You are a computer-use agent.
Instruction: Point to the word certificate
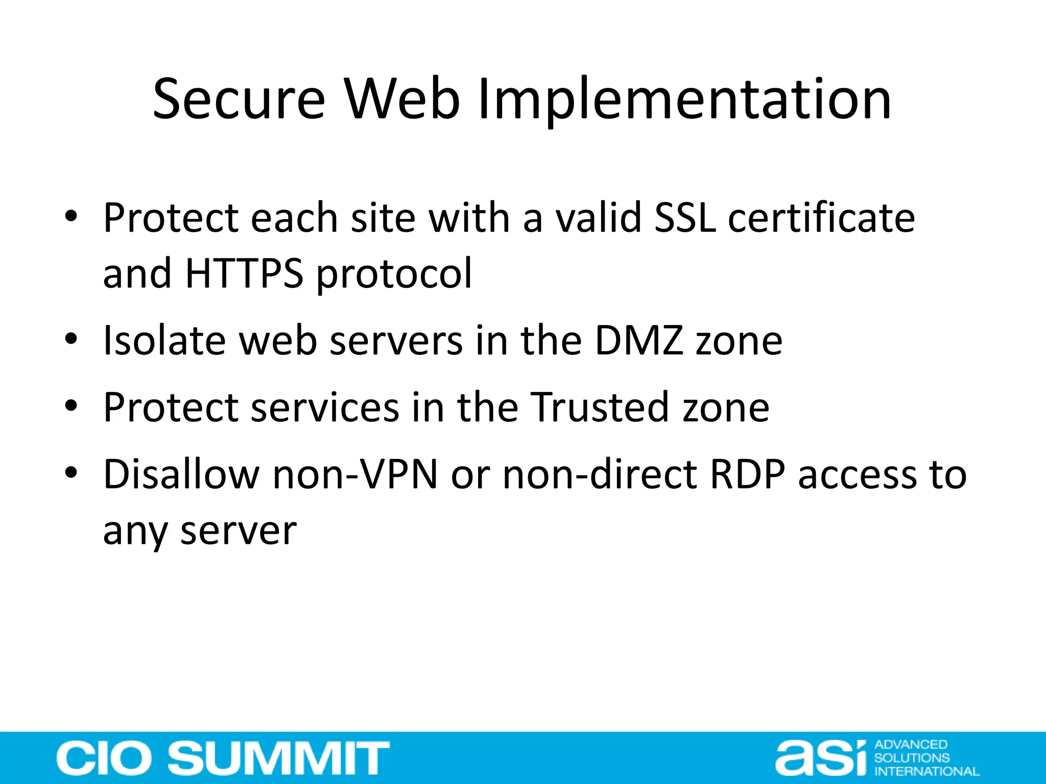point(821,218)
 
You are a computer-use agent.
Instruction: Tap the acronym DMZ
point(639,340)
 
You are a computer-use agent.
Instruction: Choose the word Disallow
point(181,475)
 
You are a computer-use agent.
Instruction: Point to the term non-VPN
point(355,475)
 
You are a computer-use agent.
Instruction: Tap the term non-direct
point(600,475)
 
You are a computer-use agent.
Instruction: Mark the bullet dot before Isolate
point(71,339)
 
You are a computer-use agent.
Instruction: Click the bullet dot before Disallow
point(71,473)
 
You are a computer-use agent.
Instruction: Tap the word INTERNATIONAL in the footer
point(926,771)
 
